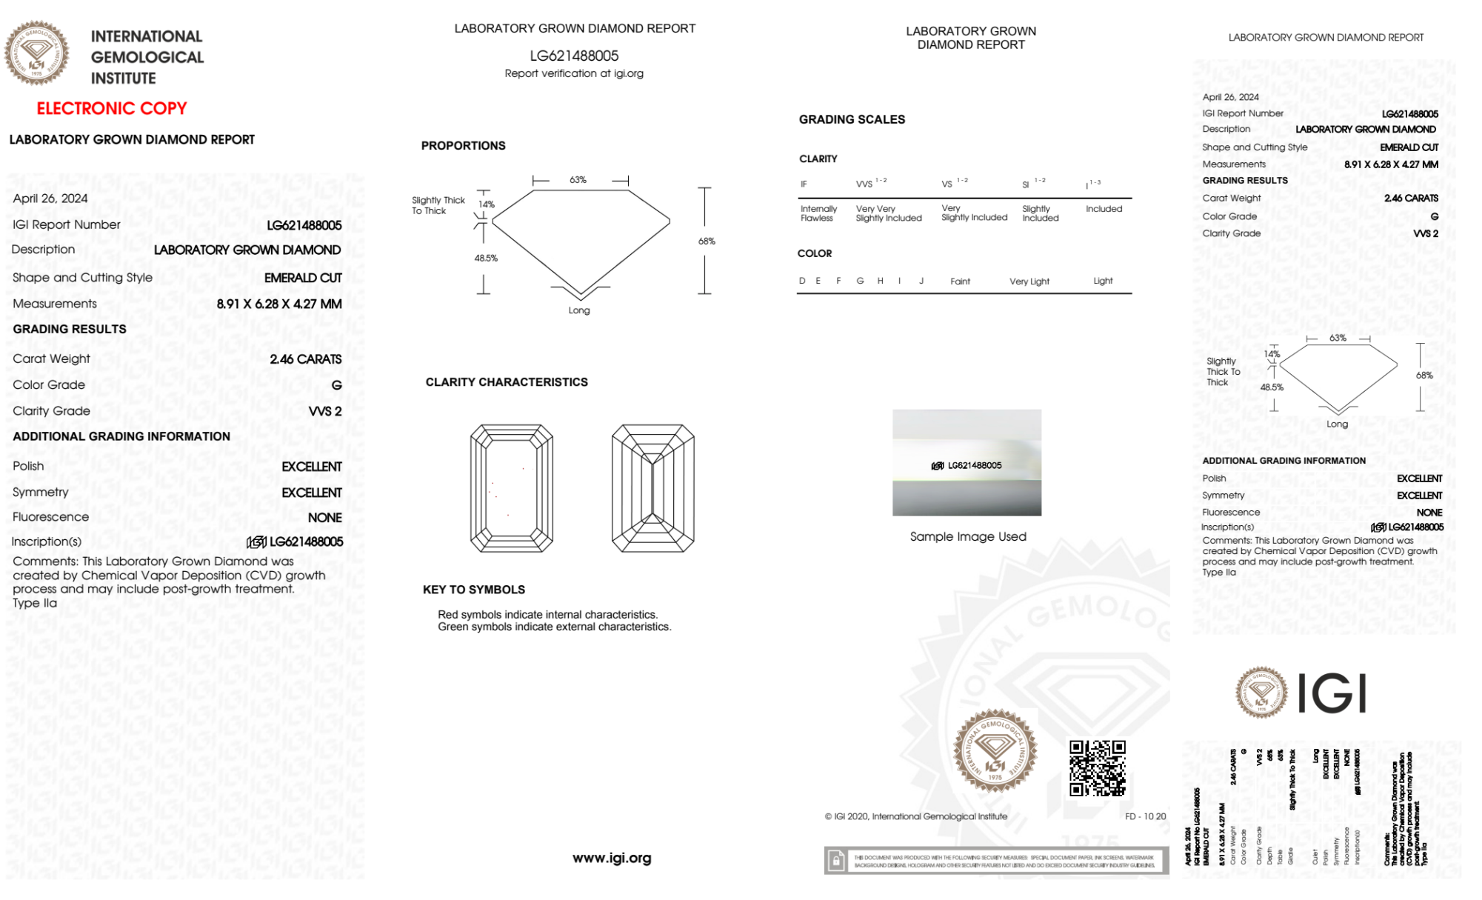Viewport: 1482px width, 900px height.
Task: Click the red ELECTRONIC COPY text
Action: (112, 109)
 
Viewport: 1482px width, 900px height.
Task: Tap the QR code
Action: (1097, 767)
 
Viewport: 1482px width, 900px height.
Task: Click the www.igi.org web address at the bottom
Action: (612, 858)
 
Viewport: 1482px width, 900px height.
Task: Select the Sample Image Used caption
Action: (967, 536)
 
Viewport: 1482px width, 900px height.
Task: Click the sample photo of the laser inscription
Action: (967, 462)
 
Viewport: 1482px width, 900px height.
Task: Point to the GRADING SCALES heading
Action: (852, 119)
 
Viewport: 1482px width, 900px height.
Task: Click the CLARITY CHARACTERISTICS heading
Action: (507, 382)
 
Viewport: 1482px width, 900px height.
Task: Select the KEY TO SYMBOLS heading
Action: (474, 590)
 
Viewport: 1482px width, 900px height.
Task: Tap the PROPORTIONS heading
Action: (464, 146)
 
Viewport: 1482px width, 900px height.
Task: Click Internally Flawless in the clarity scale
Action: (818, 213)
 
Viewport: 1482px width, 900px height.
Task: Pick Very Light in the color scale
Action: (1029, 281)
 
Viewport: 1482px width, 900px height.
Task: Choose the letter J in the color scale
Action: (921, 281)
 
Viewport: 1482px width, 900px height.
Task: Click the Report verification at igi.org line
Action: (574, 73)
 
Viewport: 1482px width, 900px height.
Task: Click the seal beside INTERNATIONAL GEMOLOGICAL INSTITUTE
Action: (36, 53)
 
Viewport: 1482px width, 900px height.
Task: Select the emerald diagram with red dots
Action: (512, 488)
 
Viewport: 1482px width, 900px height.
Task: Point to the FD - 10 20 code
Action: (1145, 816)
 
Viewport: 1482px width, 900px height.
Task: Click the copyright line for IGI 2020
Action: (916, 816)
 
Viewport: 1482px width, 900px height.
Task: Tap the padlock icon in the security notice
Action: (836, 861)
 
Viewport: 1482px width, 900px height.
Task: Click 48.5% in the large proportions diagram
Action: (486, 259)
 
